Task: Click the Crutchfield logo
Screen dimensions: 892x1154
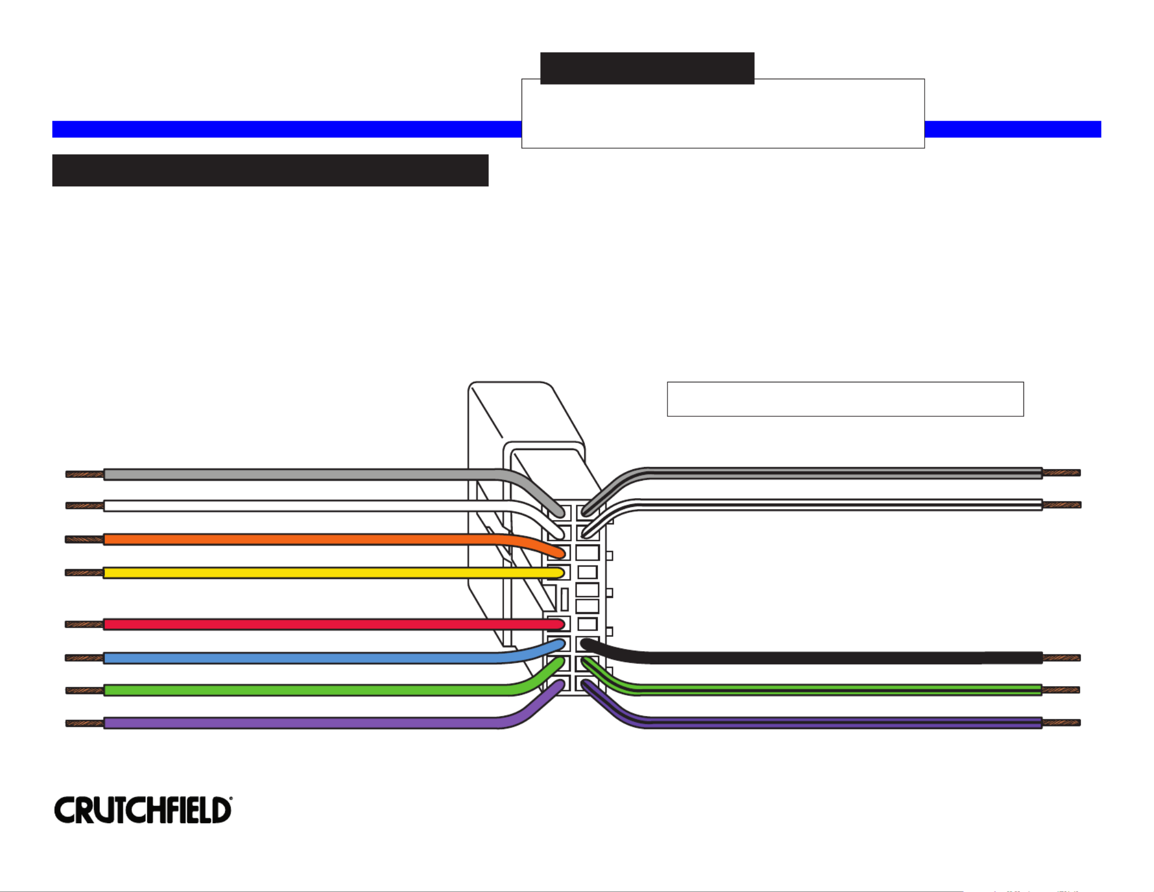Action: pyautogui.click(x=143, y=810)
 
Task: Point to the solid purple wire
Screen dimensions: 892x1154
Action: pyautogui.click(x=300, y=723)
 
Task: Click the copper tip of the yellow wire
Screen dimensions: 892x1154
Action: pyautogui.click(x=85, y=573)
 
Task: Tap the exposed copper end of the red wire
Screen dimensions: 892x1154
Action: pyautogui.click(x=85, y=624)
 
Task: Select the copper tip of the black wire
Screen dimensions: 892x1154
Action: pyautogui.click(x=1061, y=658)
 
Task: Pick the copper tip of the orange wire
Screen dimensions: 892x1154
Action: pyautogui.click(x=85, y=540)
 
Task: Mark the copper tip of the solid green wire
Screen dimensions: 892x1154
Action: pyautogui.click(x=85, y=690)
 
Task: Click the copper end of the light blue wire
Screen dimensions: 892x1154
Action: pyautogui.click(x=85, y=658)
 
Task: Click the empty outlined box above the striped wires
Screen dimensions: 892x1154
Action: pyautogui.click(x=845, y=399)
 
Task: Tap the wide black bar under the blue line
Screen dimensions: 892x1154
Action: pyautogui.click(x=270, y=170)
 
